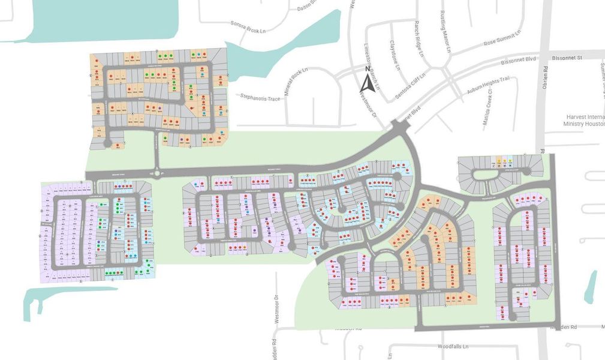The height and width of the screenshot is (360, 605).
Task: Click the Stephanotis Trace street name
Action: [260, 96]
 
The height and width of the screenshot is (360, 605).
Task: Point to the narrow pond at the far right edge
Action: [591, 286]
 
